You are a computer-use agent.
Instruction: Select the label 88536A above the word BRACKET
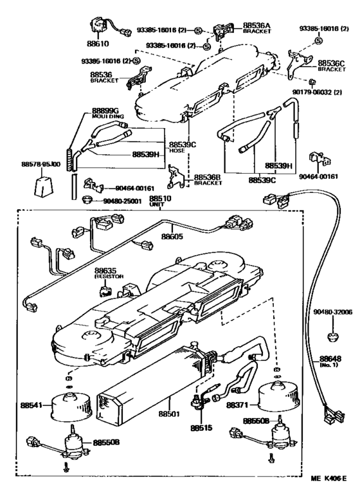point(256,26)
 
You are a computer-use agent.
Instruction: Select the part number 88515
point(200,426)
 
